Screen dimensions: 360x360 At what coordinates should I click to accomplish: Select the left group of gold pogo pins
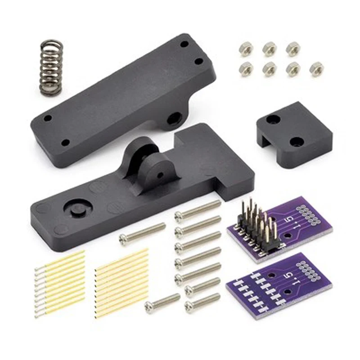coord(60,283)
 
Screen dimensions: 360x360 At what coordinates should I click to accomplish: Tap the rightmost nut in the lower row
coord(316,68)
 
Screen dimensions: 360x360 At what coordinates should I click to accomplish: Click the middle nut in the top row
coord(270,48)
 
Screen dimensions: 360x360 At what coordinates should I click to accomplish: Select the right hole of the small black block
coord(297,141)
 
